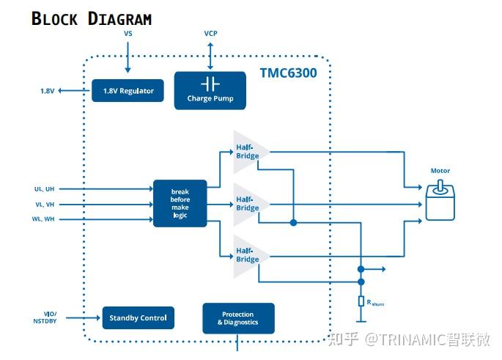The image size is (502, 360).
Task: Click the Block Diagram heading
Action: tap(92, 18)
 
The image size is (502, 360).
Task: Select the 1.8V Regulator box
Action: tap(128, 91)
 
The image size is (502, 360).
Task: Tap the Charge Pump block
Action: tap(210, 90)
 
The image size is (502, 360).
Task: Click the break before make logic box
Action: tap(180, 203)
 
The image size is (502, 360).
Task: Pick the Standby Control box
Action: tap(138, 317)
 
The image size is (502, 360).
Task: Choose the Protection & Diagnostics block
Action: tap(238, 318)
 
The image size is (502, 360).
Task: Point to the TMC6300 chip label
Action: tap(288, 73)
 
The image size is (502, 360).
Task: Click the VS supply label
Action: tap(128, 34)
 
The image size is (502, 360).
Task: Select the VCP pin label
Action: tap(210, 34)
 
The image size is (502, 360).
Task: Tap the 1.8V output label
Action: tap(47, 91)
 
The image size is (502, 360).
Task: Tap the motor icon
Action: tap(440, 202)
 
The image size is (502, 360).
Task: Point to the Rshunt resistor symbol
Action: tap(361, 301)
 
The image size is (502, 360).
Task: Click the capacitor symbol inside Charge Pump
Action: tap(210, 83)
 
